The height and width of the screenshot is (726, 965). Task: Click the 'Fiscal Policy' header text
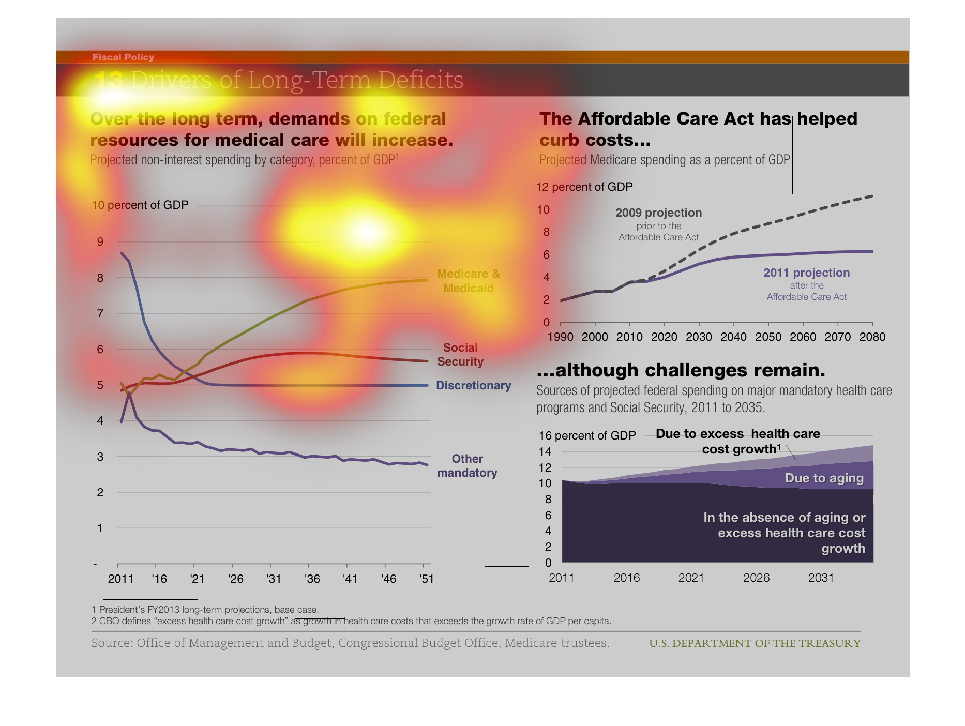coord(123,57)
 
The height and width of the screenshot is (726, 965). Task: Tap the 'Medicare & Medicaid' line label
coord(468,281)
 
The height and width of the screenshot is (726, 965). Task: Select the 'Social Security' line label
coord(460,355)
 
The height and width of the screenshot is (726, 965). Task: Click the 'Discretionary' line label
coord(473,385)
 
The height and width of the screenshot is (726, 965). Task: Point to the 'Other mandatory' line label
coord(467,465)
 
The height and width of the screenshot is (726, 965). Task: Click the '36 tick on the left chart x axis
coord(312,579)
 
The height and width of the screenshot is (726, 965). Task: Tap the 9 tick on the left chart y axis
coord(100,241)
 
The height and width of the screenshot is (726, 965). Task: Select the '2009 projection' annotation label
coord(658,213)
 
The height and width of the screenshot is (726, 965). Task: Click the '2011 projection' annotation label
coord(806,273)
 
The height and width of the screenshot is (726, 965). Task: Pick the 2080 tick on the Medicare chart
coord(872,337)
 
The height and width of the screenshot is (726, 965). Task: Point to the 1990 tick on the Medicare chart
coord(561,337)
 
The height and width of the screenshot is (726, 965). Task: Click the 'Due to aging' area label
coord(824,478)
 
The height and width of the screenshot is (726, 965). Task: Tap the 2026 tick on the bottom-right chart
coord(756,578)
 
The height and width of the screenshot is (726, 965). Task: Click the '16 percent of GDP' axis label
coord(587,435)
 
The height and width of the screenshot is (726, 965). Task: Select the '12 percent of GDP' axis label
coord(584,187)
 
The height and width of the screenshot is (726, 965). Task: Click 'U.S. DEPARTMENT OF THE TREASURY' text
coord(755,643)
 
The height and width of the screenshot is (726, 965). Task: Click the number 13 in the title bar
coord(109,80)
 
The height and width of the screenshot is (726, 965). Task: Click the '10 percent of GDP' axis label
coord(140,205)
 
